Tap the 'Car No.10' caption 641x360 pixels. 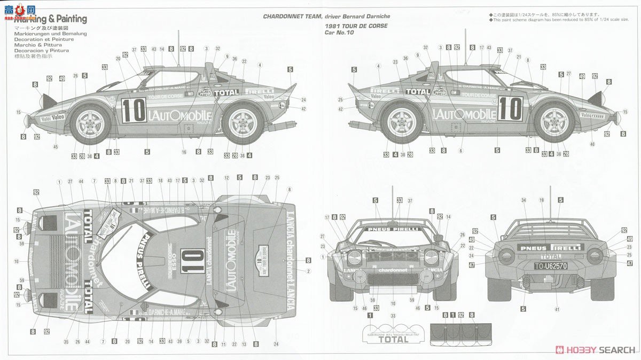point(339,33)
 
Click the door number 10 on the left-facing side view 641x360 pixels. point(134,110)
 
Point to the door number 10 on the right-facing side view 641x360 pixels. point(510,109)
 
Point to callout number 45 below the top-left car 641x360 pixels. point(55,147)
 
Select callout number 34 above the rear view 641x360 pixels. point(523,200)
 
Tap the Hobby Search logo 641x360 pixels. point(596,349)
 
